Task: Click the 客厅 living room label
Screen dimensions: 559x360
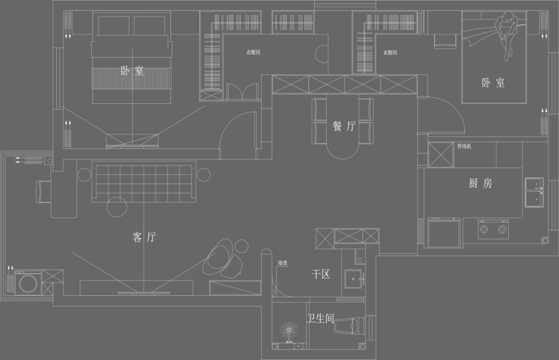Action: pos(144,237)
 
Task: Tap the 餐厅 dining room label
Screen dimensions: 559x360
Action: pos(344,126)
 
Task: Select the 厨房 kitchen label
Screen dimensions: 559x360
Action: pos(480,183)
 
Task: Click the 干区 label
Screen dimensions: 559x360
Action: pos(321,274)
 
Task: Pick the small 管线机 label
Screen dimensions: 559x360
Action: pos(464,146)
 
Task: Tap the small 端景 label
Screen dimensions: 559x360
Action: pos(283,263)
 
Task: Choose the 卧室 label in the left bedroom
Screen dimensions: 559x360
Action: pos(133,71)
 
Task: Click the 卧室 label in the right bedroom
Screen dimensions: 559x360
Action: pos(493,83)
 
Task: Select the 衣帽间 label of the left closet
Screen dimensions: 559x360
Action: pos(253,52)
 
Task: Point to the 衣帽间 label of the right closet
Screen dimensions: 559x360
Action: pos(390,52)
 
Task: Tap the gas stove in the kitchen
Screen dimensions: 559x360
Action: pos(492,229)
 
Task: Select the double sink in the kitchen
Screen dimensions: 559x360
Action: pos(534,192)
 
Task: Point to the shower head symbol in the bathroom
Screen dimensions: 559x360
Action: pos(289,331)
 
